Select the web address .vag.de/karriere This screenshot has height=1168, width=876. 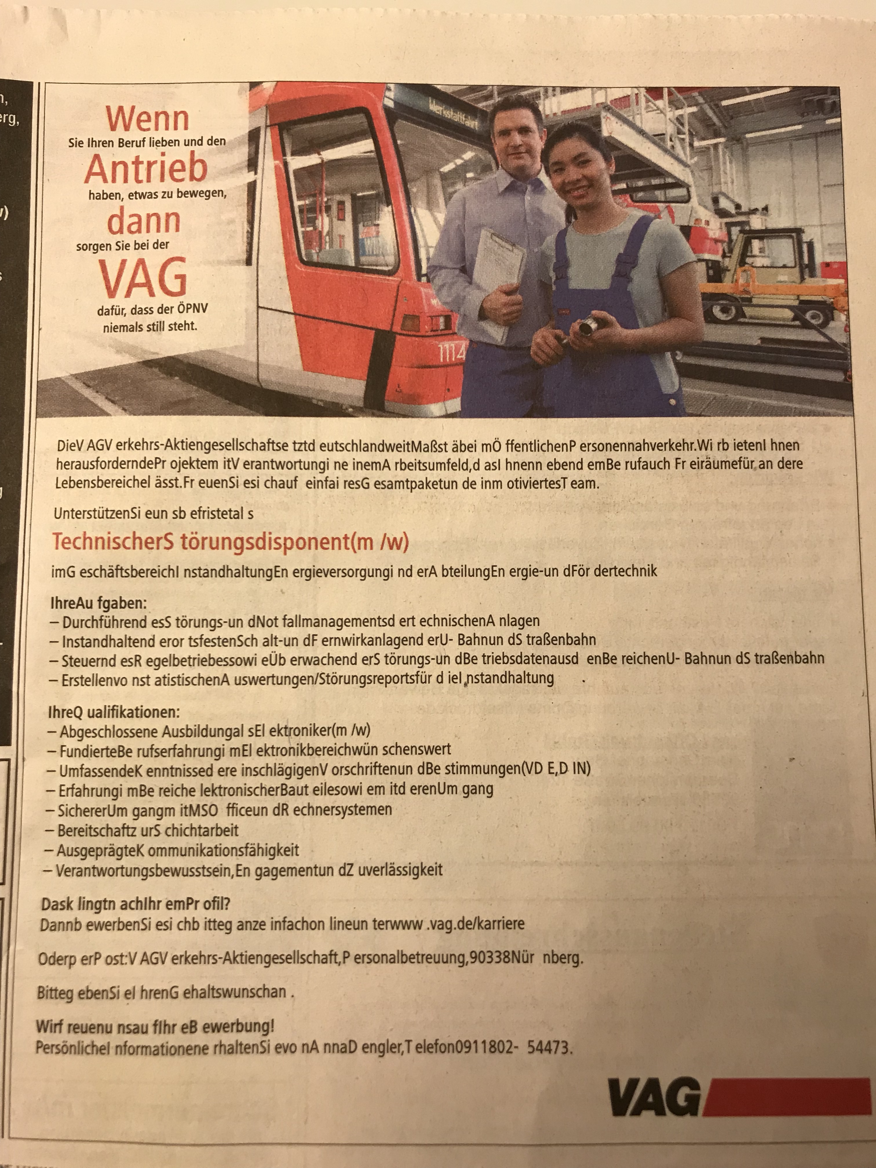click(x=475, y=924)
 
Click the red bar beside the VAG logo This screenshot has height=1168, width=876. click(x=787, y=1097)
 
